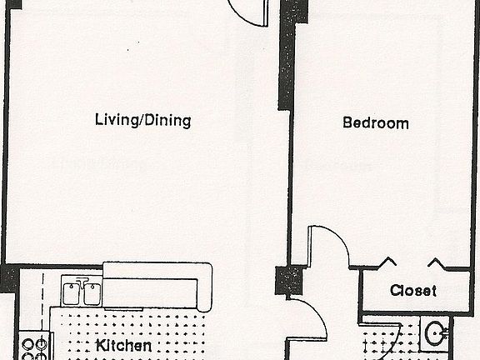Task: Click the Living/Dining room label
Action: point(142,121)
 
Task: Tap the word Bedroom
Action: point(376,123)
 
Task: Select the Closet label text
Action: point(412,291)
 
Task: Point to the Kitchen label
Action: point(123,345)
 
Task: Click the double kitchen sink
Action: point(81,293)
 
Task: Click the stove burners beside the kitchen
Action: point(35,347)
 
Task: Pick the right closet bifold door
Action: point(437,263)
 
